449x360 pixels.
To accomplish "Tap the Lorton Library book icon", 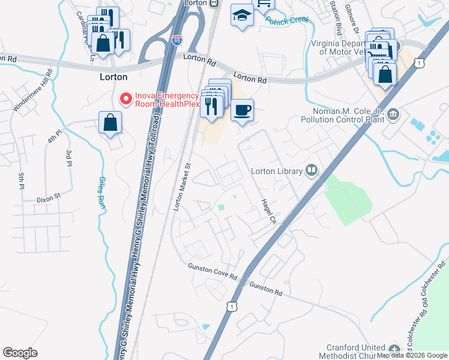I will [x=311, y=171].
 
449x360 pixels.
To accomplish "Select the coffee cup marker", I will [x=242, y=110].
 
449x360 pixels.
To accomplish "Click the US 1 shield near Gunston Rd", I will [x=231, y=306].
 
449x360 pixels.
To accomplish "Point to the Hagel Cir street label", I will [x=268, y=212].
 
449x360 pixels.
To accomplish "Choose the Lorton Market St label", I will [x=182, y=186].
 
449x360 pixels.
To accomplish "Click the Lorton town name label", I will [x=113, y=77].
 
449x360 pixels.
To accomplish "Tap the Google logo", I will [x=20, y=353].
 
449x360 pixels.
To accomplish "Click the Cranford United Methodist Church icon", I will [x=394, y=350].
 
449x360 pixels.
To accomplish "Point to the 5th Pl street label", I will [x=22, y=179].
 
